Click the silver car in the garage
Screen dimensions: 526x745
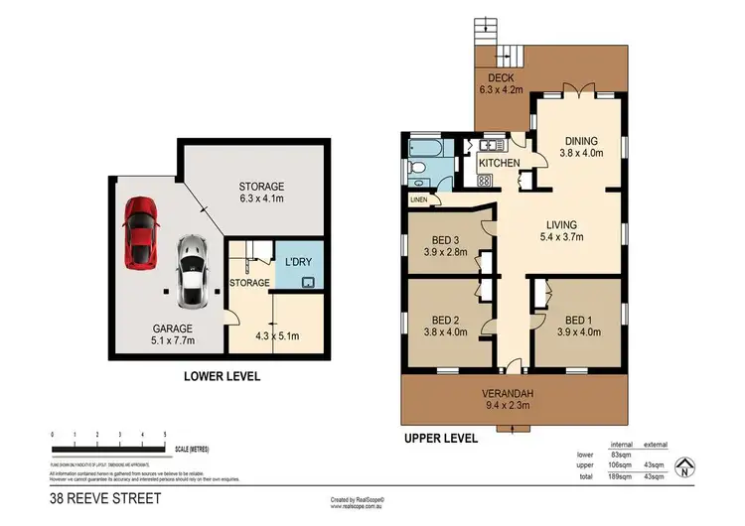[192, 271]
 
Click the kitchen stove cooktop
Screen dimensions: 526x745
[485, 181]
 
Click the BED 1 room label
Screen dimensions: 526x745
[576, 320]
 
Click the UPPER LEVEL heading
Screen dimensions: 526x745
[443, 438]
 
